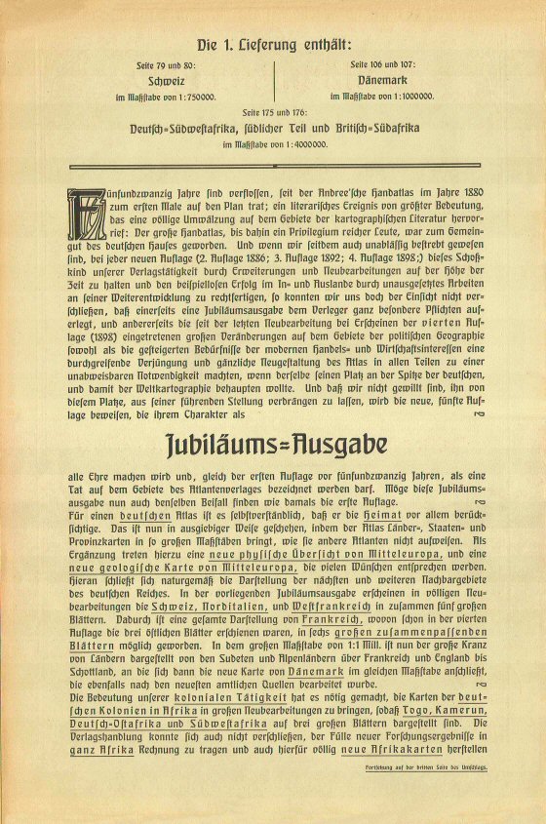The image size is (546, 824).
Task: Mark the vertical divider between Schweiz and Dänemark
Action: pyautogui.click(x=274, y=82)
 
